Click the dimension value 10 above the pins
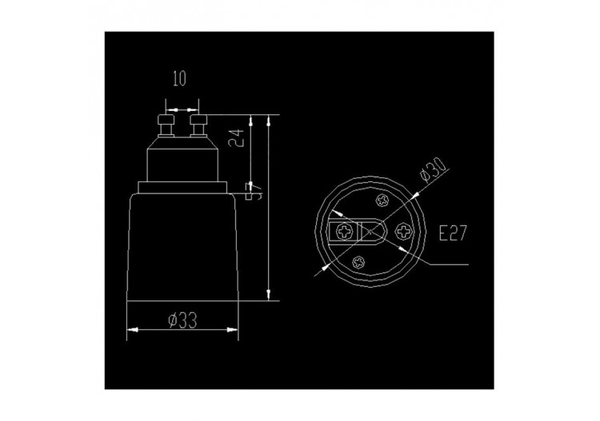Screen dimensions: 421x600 point(178,80)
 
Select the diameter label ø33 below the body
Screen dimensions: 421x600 point(183,320)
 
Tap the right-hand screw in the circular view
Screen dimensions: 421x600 point(402,232)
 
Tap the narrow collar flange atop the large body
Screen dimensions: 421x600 point(183,187)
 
